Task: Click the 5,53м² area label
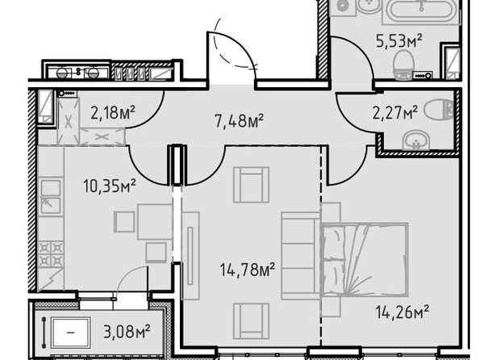[x=399, y=41]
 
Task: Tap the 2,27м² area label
[x=395, y=112]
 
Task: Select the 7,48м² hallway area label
[x=239, y=120]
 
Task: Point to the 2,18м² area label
[x=113, y=112]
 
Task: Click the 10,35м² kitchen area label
[x=110, y=186]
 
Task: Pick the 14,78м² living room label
[x=248, y=270]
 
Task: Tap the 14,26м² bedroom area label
[x=402, y=312]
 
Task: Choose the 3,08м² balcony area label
[x=127, y=332]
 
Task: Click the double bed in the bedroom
[x=364, y=260]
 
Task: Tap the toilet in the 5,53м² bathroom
[x=403, y=65]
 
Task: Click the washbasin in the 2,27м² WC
[x=416, y=140]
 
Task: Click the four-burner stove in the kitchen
[x=51, y=253]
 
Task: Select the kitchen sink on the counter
[x=51, y=196]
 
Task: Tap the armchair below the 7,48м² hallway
[x=251, y=185]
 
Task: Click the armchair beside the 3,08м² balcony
[x=251, y=320]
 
